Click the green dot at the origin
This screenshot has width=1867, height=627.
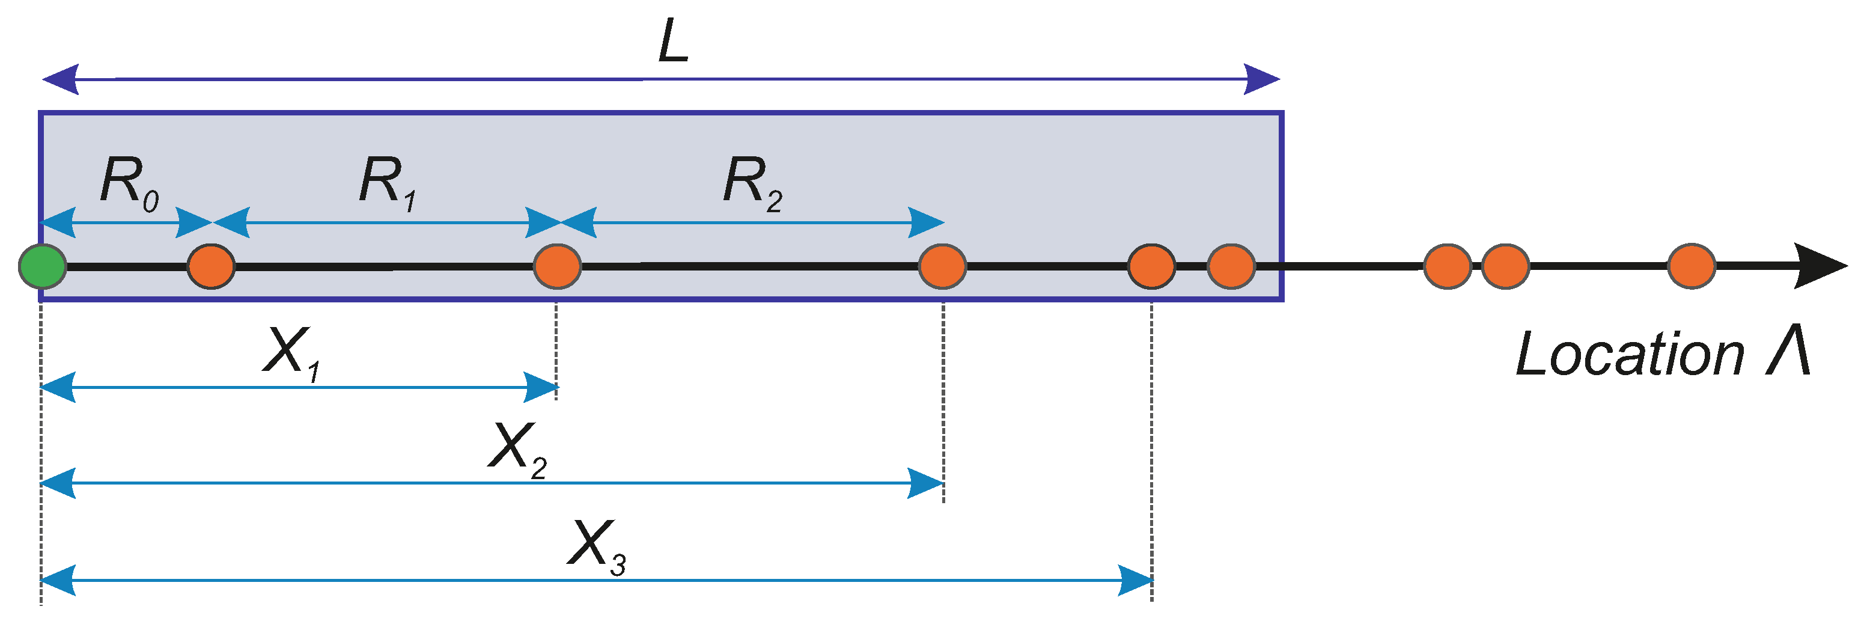click(x=43, y=267)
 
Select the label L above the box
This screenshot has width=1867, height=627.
click(x=672, y=41)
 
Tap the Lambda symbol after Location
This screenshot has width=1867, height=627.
click(x=1787, y=351)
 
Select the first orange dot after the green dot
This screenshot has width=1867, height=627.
click(x=211, y=267)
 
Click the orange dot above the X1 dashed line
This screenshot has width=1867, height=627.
click(x=556, y=267)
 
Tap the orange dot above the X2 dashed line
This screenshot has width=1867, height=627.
click(x=942, y=267)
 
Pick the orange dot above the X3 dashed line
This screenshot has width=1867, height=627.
click(x=1151, y=267)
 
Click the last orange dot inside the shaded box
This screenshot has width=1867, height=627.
click(x=1231, y=267)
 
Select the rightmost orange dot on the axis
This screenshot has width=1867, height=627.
click(x=1691, y=267)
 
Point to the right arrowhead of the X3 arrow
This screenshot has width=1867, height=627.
click(x=1135, y=580)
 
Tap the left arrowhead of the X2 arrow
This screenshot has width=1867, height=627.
click(x=58, y=483)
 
